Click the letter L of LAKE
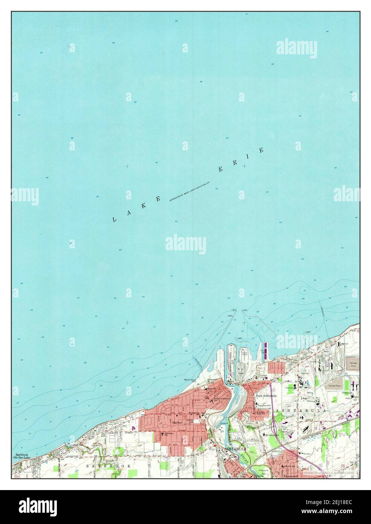point(113,219)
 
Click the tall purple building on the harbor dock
point(266,350)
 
